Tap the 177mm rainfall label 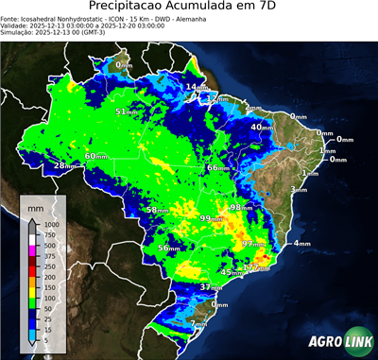[255, 268]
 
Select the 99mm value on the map [210, 218]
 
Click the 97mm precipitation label [253, 244]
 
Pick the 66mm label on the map [217, 167]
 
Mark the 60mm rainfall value [96, 156]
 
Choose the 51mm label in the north [126, 111]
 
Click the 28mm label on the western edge [64, 165]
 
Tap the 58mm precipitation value [157, 210]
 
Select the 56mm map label [168, 248]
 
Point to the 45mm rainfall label [231, 272]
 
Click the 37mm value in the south [210, 286]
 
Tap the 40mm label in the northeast [262, 127]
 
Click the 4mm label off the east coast [301, 244]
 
